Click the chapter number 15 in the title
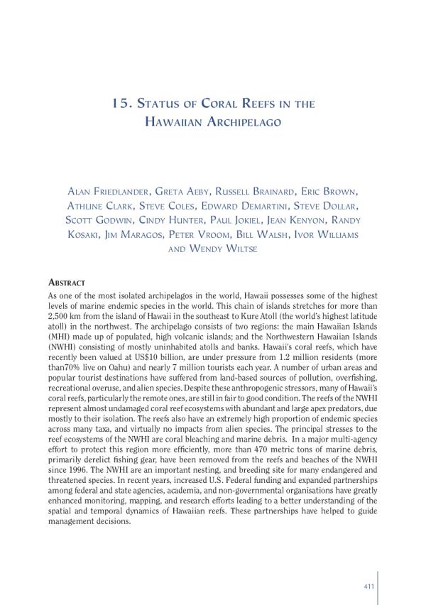(119, 104)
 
